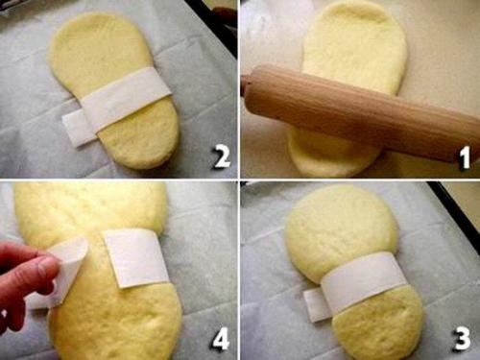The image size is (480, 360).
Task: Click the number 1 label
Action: [465, 157]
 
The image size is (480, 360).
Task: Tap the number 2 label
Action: [222, 156]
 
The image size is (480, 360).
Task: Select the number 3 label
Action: [462, 338]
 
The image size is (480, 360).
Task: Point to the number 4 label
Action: [220, 339]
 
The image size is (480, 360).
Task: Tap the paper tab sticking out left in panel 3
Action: [314, 304]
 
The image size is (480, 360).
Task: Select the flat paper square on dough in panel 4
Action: [136, 257]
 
